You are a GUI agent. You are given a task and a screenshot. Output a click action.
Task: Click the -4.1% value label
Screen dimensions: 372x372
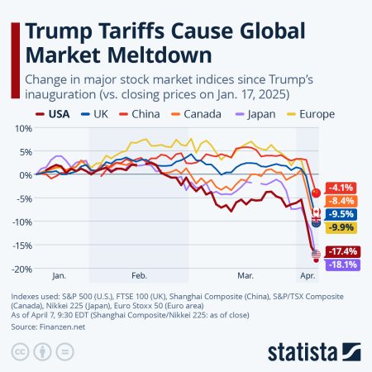coord(342,188)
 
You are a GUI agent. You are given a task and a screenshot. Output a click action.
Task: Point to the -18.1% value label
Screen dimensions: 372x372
coord(342,264)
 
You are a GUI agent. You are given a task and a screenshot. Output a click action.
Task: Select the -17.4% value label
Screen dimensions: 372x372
coord(342,251)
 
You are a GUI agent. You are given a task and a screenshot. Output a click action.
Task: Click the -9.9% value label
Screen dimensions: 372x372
coord(342,227)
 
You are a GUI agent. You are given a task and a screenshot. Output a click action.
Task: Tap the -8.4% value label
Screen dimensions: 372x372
coord(342,200)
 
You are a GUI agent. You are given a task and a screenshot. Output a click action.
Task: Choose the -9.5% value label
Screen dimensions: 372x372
coord(342,213)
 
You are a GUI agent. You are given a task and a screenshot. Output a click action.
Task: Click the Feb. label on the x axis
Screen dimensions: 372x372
coord(138,274)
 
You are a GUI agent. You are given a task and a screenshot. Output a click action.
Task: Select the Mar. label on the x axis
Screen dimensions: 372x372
coord(246,274)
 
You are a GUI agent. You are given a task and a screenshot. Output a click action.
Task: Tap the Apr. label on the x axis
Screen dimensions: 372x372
coord(308,274)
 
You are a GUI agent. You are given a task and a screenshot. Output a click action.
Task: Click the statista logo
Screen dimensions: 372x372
coord(313,351)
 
